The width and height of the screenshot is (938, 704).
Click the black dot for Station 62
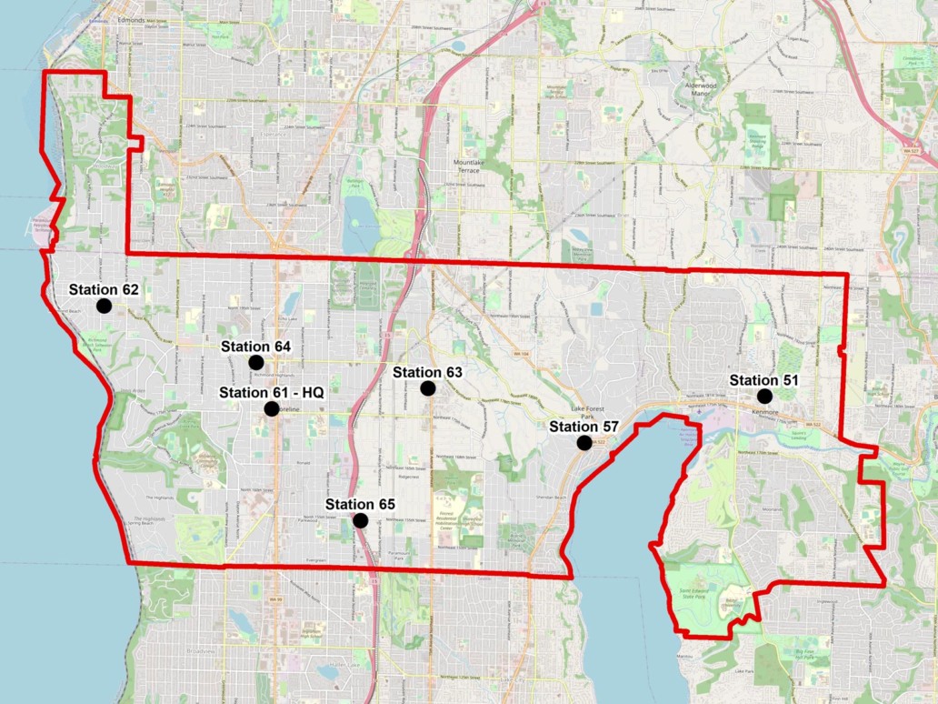click(104, 306)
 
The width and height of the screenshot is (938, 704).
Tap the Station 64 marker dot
click(255, 363)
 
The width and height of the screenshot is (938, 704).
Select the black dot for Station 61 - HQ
click(271, 409)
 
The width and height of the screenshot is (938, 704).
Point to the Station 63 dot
click(427, 388)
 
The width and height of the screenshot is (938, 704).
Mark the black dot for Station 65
click(360, 520)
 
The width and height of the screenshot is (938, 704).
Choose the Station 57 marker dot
click(584, 443)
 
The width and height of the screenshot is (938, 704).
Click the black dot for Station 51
click(764, 396)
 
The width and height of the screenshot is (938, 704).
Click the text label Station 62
click(104, 289)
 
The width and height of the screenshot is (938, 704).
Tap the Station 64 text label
click(255, 347)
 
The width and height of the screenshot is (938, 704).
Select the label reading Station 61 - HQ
click(271, 392)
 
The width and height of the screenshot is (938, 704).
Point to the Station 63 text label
click(427, 372)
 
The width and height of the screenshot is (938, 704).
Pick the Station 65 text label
click(360, 504)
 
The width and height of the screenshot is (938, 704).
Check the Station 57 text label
click(584, 427)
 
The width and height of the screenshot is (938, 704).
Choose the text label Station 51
click(764, 379)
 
